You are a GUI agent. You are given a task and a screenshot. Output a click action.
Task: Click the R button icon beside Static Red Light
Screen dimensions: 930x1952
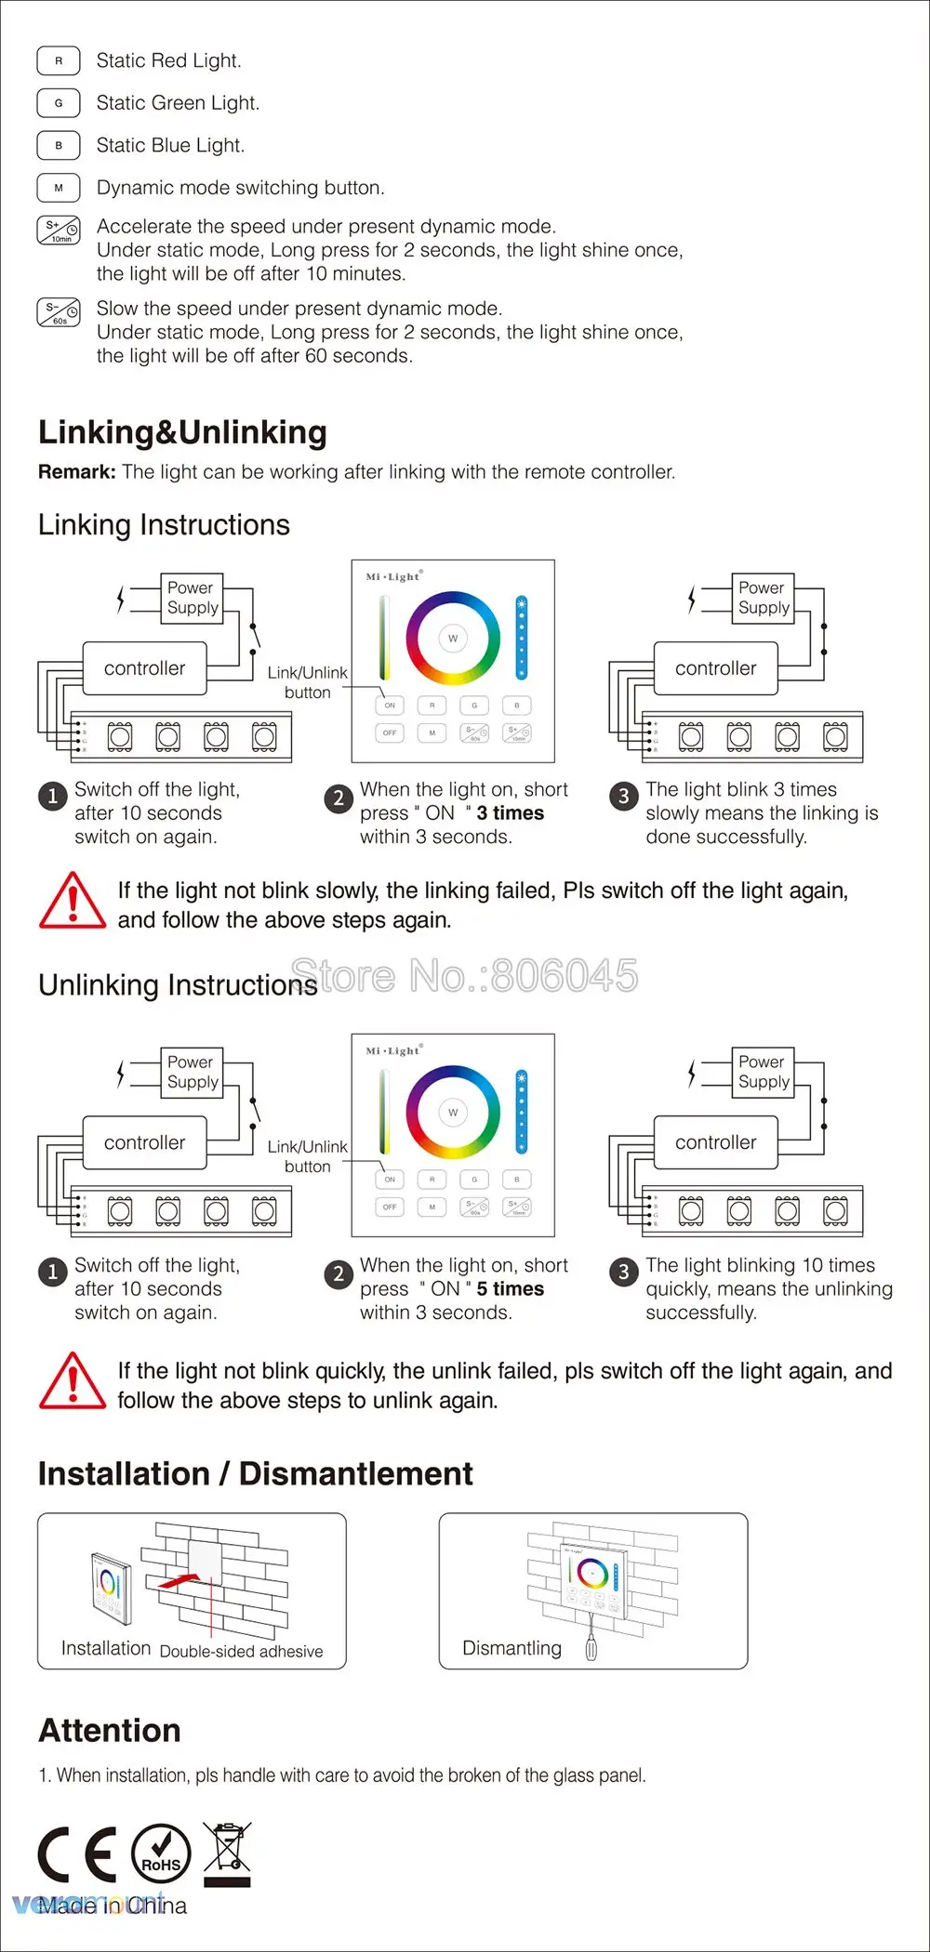click(59, 60)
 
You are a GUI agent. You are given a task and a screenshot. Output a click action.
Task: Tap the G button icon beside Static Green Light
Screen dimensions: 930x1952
click(59, 103)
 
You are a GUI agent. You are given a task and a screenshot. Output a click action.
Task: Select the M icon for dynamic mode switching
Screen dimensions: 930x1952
click(59, 188)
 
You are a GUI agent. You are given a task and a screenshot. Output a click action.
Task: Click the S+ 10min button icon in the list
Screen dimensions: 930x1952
click(59, 231)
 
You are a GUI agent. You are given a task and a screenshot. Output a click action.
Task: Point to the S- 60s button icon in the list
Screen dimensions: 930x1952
click(59, 313)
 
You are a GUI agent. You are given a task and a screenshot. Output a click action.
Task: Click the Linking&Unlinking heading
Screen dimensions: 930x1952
click(182, 432)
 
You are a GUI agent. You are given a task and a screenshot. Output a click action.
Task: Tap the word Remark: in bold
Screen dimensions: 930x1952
click(76, 472)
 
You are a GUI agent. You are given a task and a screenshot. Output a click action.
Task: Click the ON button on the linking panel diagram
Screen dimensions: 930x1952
click(390, 706)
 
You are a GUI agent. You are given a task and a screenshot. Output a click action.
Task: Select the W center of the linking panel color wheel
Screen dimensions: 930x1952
click(453, 639)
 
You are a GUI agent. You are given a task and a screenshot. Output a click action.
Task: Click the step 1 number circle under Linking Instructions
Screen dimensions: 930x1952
click(53, 797)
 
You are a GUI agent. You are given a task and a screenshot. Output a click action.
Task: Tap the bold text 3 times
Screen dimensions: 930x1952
click(510, 813)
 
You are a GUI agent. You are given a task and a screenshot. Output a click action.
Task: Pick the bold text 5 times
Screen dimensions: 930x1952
click(510, 1289)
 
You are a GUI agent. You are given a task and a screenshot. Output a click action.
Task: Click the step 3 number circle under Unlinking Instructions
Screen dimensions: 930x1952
click(624, 1272)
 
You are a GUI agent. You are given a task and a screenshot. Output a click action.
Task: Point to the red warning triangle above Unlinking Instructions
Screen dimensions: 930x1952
click(73, 901)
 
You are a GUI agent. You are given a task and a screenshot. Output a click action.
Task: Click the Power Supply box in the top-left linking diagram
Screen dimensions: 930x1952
click(193, 598)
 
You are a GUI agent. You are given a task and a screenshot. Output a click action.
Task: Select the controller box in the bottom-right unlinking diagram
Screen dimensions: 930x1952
click(715, 1142)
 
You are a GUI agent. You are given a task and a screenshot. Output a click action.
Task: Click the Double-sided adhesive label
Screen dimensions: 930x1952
click(242, 1652)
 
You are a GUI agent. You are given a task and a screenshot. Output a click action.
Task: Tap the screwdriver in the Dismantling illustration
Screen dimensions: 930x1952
click(590, 1645)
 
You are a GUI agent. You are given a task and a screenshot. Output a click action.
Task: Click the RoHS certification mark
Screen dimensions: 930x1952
click(161, 1853)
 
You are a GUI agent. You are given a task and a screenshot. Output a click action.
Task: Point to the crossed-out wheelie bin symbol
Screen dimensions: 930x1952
click(227, 1853)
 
